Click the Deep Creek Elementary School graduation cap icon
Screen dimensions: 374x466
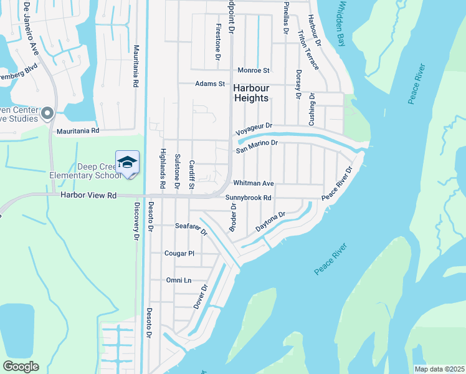(127, 161)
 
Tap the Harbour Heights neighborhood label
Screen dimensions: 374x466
(251, 93)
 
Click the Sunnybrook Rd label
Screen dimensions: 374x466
(249, 198)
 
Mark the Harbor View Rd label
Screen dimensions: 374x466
(89, 195)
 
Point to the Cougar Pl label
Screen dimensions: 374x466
(179, 254)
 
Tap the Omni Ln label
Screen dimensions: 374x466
(178, 280)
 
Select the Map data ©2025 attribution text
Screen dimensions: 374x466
(439, 369)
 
